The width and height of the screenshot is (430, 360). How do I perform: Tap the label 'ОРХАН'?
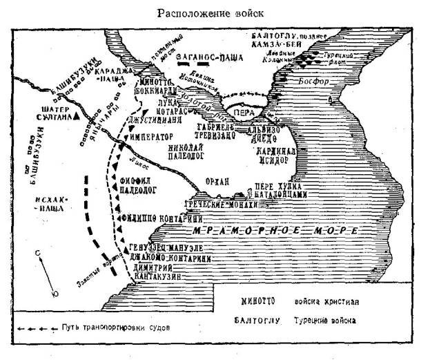(216, 181)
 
